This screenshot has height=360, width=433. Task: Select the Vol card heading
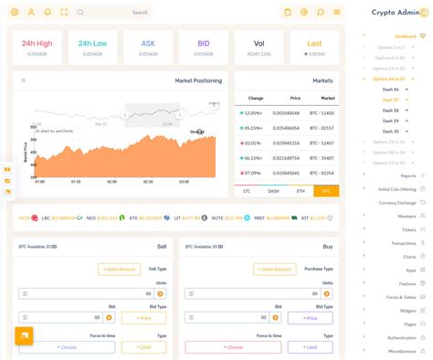259,43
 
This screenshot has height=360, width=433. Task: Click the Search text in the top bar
140,12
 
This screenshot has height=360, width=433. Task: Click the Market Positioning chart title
198,80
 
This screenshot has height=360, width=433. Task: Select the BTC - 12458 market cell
321,113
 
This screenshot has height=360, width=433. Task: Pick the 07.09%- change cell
252,173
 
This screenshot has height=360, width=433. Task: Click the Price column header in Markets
295,97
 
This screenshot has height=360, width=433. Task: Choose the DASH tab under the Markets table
273,191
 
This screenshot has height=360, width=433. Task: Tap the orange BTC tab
325,191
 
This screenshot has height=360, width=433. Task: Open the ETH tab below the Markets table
300,191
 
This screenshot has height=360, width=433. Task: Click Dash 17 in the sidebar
390,100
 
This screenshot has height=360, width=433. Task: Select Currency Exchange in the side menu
397,203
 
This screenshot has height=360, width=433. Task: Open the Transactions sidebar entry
403,243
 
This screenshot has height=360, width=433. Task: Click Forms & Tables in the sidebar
401,297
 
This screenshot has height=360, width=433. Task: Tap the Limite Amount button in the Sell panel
120,269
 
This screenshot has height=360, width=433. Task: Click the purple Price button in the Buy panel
310,318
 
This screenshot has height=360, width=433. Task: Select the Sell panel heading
162,247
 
